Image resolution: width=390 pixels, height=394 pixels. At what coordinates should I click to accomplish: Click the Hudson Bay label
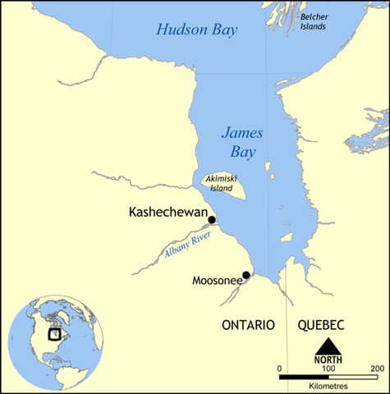[x=196, y=30]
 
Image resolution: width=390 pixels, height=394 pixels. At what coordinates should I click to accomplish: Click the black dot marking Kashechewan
[x=212, y=219]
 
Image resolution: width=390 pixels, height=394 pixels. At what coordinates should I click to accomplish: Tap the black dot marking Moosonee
[x=246, y=275]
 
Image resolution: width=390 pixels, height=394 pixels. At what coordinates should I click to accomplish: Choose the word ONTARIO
[x=248, y=326]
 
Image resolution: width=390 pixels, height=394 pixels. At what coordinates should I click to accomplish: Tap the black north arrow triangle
[x=328, y=347]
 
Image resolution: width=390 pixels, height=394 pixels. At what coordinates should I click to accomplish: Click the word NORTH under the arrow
[x=328, y=360]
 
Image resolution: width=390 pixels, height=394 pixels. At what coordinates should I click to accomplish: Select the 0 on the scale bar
[x=279, y=368]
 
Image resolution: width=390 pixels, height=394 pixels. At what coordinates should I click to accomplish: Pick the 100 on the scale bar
[x=328, y=368]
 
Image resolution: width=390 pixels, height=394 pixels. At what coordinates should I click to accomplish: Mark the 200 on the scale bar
[x=377, y=368]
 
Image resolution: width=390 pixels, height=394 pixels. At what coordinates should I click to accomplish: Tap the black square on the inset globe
[x=54, y=333]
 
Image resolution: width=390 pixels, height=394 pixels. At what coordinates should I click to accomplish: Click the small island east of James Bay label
[x=268, y=167]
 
